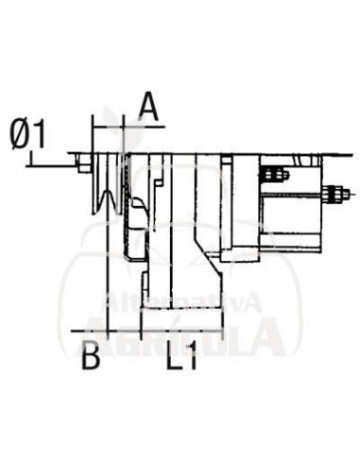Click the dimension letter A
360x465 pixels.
tap(147, 105)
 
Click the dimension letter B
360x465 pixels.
tap(91, 357)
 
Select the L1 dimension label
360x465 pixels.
tap(183, 358)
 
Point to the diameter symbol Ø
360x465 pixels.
tap(22, 136)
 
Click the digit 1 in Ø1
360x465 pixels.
tap(40, 136)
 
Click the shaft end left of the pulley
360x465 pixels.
tap(84, 168)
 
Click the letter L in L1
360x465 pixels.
tap(175, 358)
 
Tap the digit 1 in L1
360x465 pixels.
tap(193, 358)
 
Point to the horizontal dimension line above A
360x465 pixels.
tap(128, 123)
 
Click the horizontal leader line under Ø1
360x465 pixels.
tap(52, 164)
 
